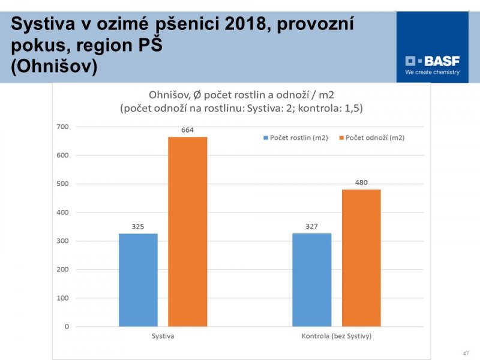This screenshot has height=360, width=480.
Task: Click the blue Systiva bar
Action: point(138,280)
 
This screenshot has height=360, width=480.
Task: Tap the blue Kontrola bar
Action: point(311,280)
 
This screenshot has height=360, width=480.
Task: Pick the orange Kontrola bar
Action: point(361,258)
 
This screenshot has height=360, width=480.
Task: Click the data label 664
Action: point(187,130)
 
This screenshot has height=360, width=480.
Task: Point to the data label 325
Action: point(138,227)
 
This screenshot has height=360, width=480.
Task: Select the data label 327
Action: point(311,226)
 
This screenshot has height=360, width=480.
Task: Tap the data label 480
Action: point(361,182)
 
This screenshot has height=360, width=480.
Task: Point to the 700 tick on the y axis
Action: point(63,127)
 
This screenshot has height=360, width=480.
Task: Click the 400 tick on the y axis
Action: point(63,212)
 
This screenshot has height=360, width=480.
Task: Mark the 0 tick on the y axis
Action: point(67,327)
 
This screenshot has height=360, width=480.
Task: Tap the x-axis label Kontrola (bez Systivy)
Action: point(336,336)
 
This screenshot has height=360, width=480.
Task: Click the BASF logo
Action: point(432,61)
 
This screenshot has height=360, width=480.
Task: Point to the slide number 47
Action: point(466,353)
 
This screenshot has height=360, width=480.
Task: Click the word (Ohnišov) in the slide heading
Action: point(54,66)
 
